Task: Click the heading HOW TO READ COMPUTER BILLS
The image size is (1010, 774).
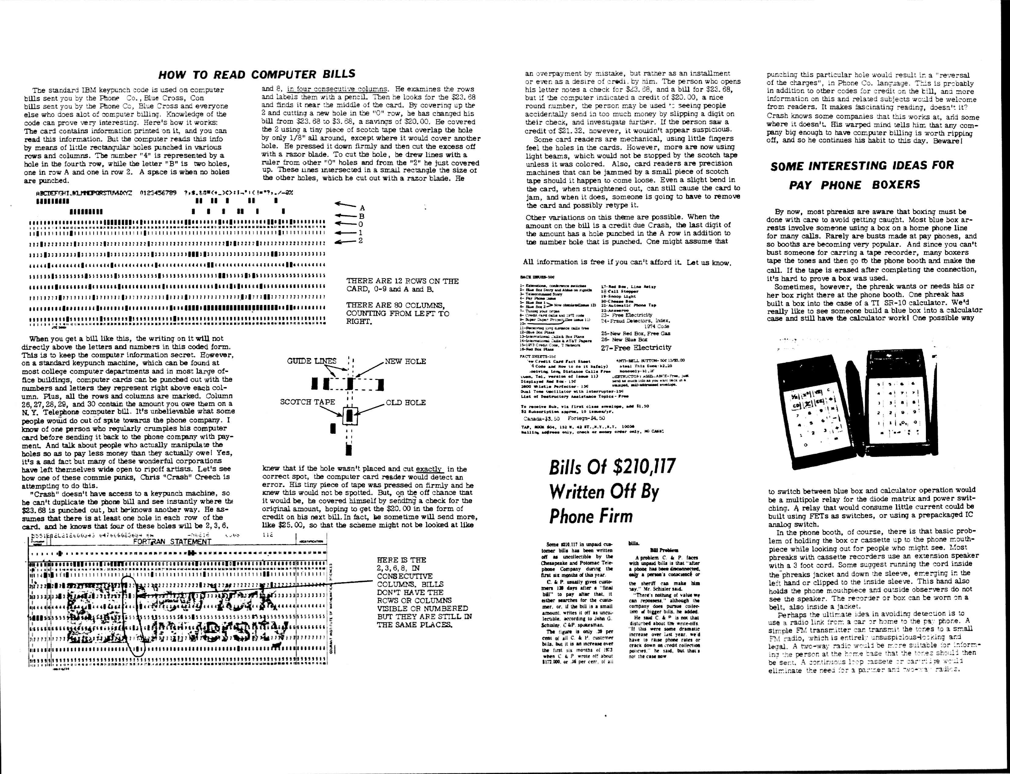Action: click(257, 74)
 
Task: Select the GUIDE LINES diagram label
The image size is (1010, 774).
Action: click(312, 361)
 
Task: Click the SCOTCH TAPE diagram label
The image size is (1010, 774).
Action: click(308, 402)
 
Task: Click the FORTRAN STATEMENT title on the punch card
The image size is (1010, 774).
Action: click(172, 542)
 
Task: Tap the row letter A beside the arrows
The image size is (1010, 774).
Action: click(362, 208)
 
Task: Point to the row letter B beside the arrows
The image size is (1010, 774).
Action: click(362, 216)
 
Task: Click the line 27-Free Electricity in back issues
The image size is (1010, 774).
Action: click(636, 347)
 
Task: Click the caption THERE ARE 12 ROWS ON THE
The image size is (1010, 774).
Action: click(402, 281)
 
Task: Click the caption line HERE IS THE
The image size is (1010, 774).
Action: click(401, 560)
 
